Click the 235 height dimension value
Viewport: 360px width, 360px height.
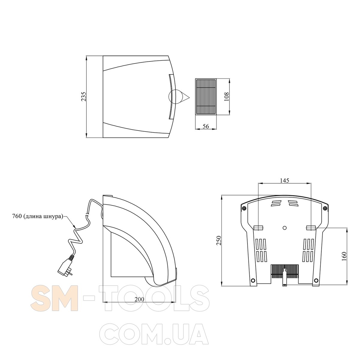click(84, 97)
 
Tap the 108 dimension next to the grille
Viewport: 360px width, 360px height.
click(226, 97)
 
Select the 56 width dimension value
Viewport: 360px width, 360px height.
click(206, 126)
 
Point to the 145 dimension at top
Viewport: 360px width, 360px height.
click(284, 181)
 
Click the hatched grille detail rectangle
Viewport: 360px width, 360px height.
click(206, 97)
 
